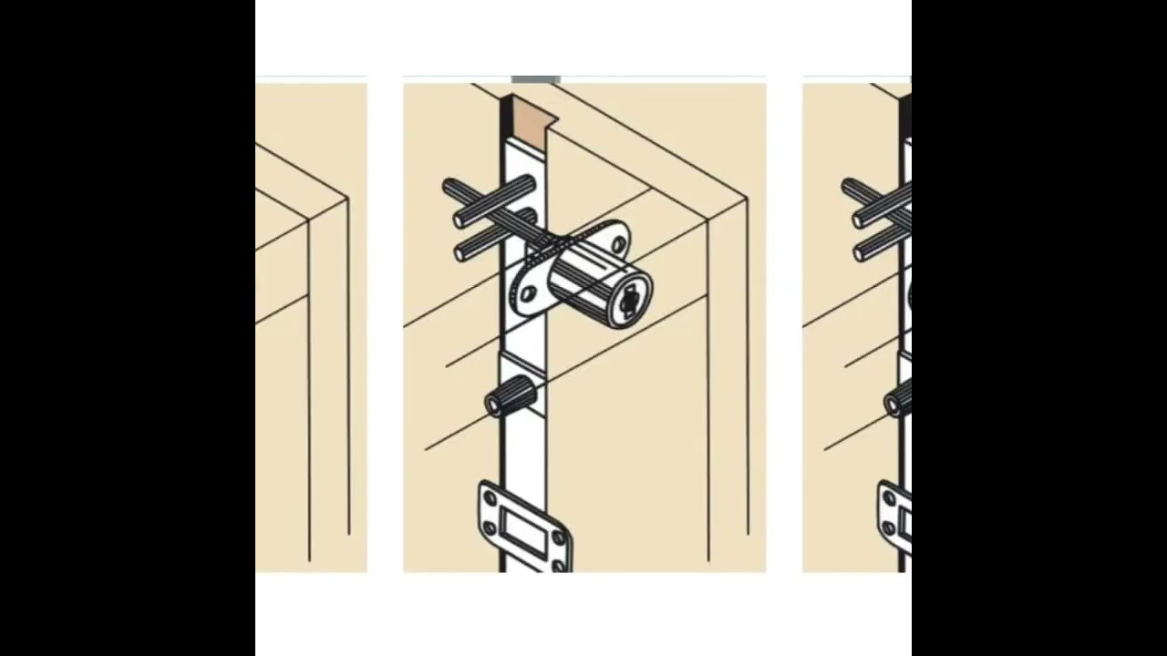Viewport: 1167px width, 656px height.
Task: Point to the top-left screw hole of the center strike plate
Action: click(x=491, y=497)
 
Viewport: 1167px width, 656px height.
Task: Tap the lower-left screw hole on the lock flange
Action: click(x=527, y=294)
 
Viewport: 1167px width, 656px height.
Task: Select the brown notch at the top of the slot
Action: click(x=534, y=113)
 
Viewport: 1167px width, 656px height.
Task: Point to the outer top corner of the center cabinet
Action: click(x=747, y=198)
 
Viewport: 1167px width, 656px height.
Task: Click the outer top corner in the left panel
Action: click(x=347, y=198)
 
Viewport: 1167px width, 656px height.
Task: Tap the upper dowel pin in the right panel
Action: click(x=880, y=202)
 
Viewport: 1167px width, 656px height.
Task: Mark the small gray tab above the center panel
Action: click(x=536, y=80)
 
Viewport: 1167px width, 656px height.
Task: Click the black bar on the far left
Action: click(x=128, y=328)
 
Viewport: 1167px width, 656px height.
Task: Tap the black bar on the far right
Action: click(x=1039, y=328)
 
